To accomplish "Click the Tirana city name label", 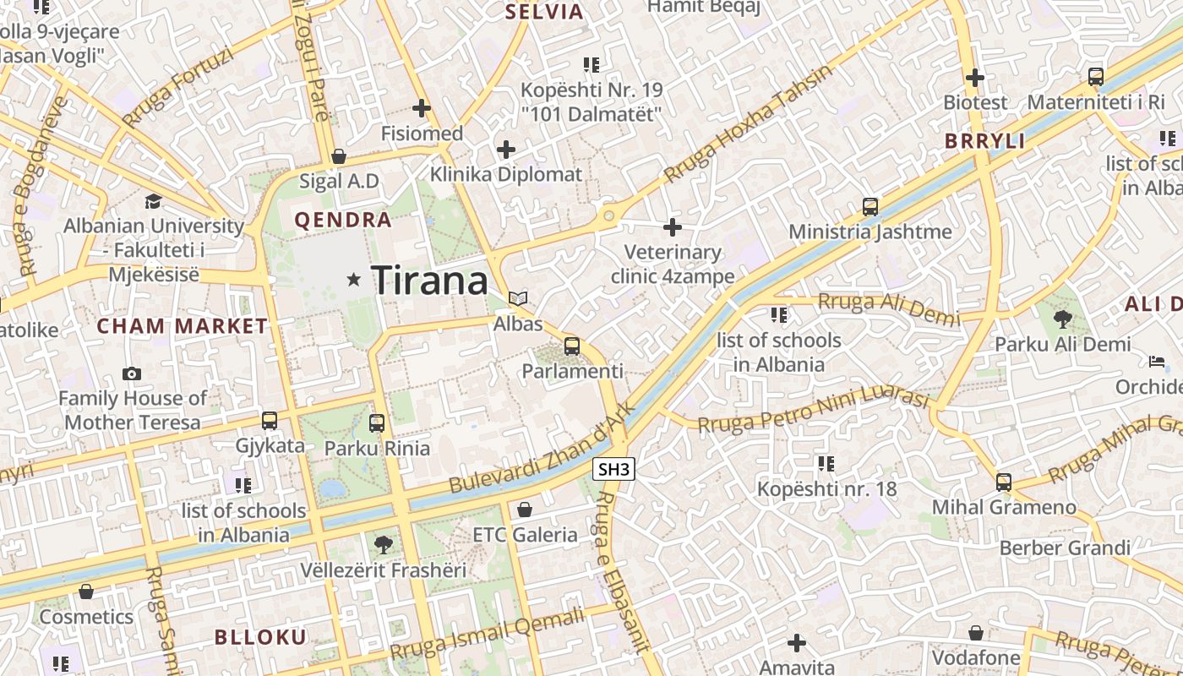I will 429,280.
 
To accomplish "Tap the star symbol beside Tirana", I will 354,280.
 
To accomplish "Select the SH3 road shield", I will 613,469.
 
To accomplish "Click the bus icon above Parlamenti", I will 572,346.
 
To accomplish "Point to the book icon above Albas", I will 518,298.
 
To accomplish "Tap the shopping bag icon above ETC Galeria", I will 525,510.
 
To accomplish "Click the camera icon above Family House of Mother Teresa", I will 132,373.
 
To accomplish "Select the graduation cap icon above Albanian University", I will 153,201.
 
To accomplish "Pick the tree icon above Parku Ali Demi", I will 1062,319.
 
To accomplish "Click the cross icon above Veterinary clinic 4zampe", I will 673,227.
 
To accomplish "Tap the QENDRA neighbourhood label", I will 343,221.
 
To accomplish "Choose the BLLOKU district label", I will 260,637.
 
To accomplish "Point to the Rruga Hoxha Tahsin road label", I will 748,124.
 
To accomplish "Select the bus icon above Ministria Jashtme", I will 870,206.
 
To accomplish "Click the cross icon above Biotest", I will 975,78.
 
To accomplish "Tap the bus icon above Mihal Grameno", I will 1004,482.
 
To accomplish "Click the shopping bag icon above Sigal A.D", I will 339,156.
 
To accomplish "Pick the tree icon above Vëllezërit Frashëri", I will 384,544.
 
